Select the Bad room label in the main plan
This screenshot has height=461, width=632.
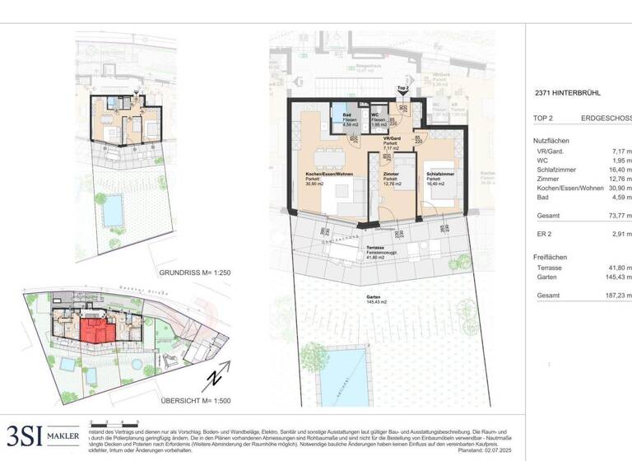coord(349,117)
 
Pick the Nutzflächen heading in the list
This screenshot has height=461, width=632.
coord(551,141)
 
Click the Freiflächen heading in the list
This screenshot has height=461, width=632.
coord(551,257)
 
